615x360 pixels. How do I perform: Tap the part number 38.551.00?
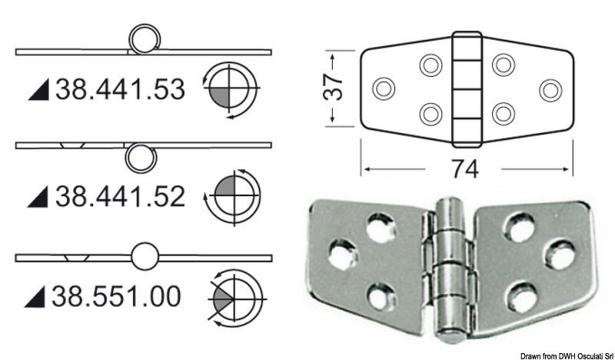(x=118, y=296)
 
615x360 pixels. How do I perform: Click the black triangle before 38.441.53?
(x=38, y=92)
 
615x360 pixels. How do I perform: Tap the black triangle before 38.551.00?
(x=38, y=297)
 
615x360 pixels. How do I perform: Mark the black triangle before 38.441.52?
(x=38, y=198)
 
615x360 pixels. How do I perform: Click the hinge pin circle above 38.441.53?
(x=143, y=38)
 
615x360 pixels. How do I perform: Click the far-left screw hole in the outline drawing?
(x=383, y=88)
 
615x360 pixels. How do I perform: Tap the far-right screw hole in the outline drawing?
(x=550, y=88)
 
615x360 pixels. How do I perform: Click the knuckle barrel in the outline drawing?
(x=465, y=88)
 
